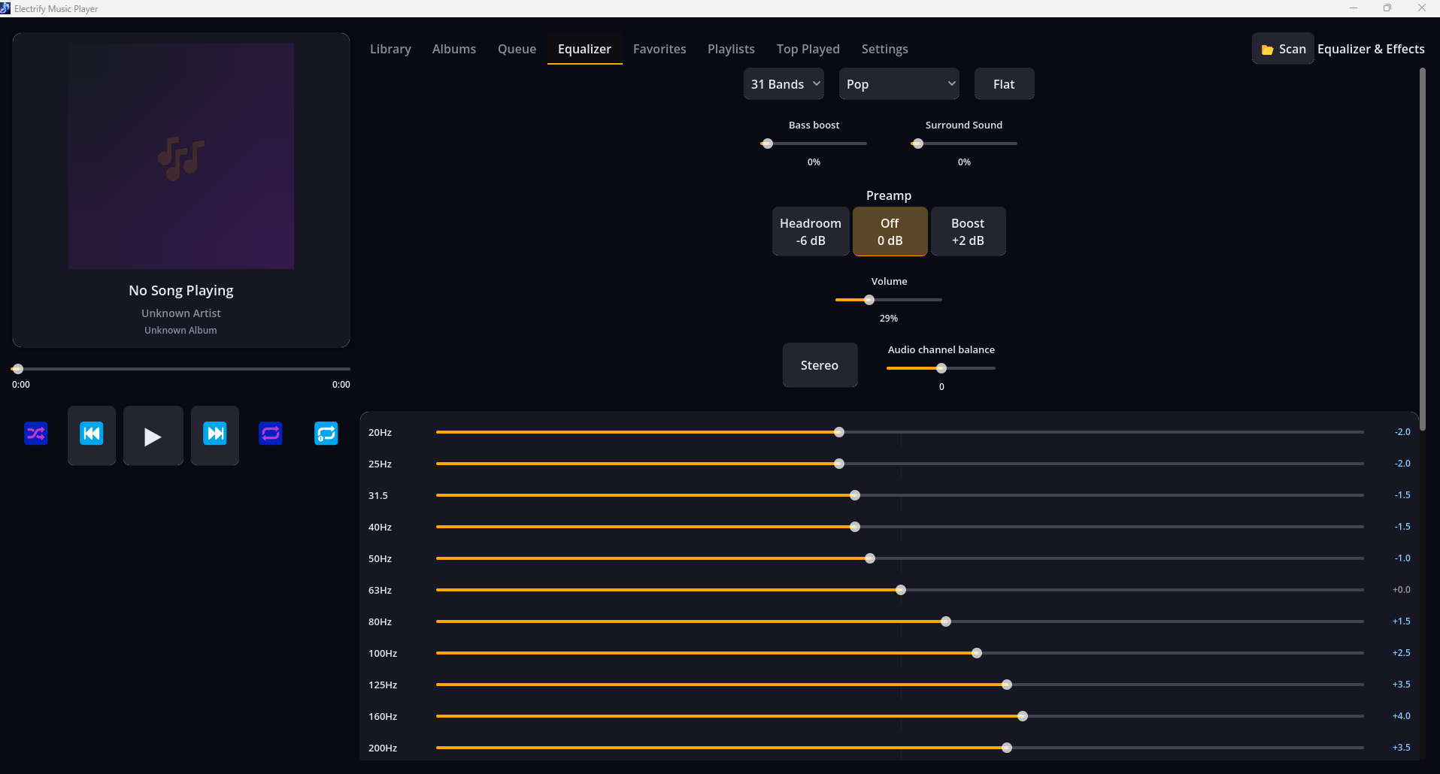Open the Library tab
[x=390, y=49]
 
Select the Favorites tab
[x=659, y=49]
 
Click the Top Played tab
[x=808, y=49]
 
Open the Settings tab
[x=884, y=49]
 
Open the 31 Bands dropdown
[x=784, y=84]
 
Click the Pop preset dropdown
[x=899, y=84]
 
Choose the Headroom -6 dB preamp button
[x=811, y=231]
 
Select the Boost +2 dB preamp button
[x=968, y=231]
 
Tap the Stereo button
[x=820, y=365]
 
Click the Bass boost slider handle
[x=767, y=144]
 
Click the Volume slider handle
[x=869, y=300]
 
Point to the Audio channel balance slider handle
[x=941, y=368]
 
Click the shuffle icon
[x=36, y=434]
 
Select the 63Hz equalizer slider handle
[x=901, y=590]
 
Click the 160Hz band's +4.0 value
[x=1401, y=716]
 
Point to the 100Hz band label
[x=383, y=653]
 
